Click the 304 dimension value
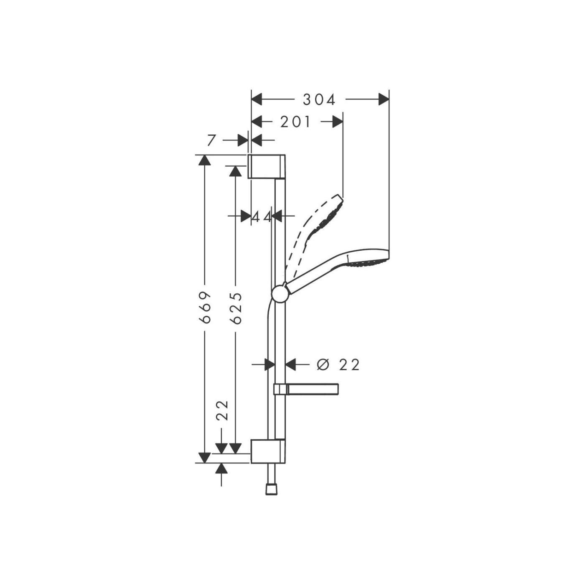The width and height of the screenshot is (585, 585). pos(319,100)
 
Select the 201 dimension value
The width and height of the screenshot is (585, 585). pos(296,122)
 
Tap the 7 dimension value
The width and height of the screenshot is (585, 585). pos(211,140)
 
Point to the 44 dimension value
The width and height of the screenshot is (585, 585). pos(262,216)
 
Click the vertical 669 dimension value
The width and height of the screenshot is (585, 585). pos(205,308)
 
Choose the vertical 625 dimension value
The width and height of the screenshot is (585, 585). pos(236,308)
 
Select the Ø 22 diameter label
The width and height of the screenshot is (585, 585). pos(338,365)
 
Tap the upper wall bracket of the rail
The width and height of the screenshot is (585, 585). pos(267,166)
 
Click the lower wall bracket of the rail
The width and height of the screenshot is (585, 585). pos(268,451)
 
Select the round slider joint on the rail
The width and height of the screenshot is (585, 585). pos(280,294)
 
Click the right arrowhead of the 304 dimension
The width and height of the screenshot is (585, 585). pos(384,100)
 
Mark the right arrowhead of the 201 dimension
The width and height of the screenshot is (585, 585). pos(338,122)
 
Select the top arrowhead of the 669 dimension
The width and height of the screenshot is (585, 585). pos(204,160)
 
